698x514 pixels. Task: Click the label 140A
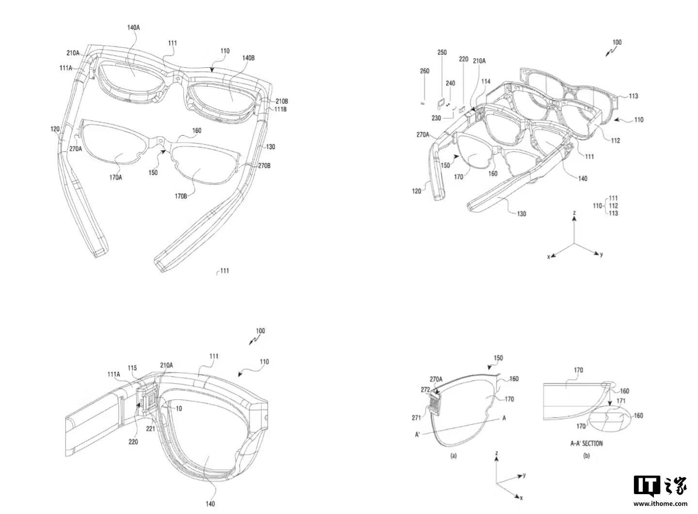pyautogui.click(x=134, y=28)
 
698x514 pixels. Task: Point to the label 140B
pyautogui.click(x=248, y=58)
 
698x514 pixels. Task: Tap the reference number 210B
pyautogui.click(x=282, y=101)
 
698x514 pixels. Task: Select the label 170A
pyautogui.click(x=115, y=177)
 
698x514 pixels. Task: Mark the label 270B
pyautogui.click(x=264, y=166)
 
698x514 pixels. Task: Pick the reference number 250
pyautogui.click(x=442, y=52)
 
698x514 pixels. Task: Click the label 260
pyautogui.click(x=425, y=71)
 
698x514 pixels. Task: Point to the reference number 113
pyautogui.click(x=633, y=96)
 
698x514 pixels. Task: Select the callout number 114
pyautogui.click(x=486, y=82)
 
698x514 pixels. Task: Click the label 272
pyautogui.click(x=425, y=389)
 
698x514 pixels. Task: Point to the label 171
pyautogui.click(x=620, y=401)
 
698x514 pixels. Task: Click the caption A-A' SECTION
pyautogui.click(x=587, y=443)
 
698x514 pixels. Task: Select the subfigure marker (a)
pyautogui.click(x=454, y=455)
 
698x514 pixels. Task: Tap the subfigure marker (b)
pyautogui.click(x=586, y=455)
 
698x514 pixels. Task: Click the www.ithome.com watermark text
pyautogui.click(x=661, y=504)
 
